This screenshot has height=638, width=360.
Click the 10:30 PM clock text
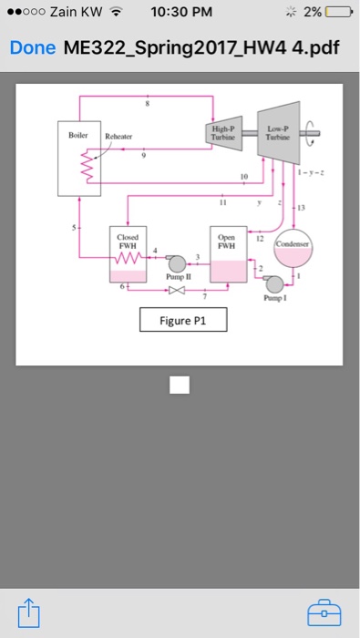click(180, 13)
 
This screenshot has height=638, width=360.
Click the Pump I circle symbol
click(274, 284)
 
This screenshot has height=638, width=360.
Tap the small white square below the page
click(180, 386)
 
